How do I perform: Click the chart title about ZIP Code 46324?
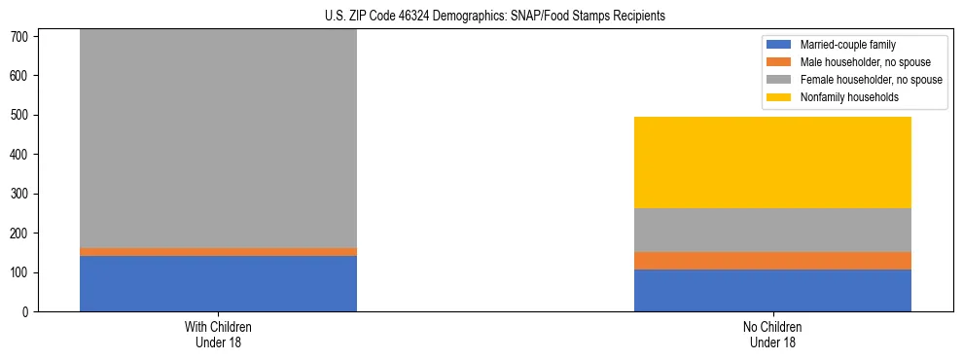coord(495,16)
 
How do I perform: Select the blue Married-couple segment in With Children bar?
coord(218,283)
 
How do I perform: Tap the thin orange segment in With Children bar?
coord(218,251)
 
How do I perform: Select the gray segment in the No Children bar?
coord(772,230)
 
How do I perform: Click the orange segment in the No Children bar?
coord(772,260)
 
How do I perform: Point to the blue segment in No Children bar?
coord(772,290)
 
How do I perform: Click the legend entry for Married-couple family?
coord(846,45)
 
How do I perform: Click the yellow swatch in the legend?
coord(779,97)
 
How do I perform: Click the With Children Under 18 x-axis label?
coord(218,334)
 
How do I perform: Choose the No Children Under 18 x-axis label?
coord(772,334)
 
